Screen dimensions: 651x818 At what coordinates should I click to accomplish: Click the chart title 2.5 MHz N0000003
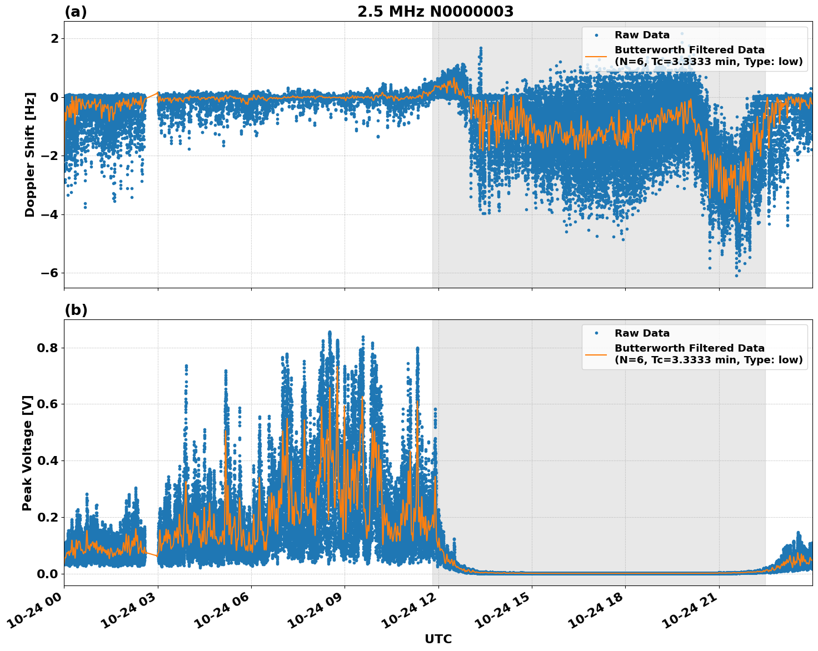pyautogui.click(x=435, y=12)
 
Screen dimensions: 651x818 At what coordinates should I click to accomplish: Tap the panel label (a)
pyautogui.click(x=76, y=12)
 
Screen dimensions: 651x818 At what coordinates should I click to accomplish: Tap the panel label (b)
pyautogui.click(x=76, y=310)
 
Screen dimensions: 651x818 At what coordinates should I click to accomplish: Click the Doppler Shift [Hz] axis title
pyautogui.click(x=30, y=154)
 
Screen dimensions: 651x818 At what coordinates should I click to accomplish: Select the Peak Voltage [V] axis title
pyautogui.click(x=28, y=453)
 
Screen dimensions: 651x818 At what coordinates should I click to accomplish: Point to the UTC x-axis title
pyautogui.click(x=438, y=639)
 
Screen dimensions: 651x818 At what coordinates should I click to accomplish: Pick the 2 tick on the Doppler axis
pyautogui.click(x=54, y=38)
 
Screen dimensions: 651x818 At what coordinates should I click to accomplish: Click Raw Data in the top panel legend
pyautogui.click(x=642, y=35)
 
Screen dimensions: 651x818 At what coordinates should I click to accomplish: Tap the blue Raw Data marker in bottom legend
pyautogui.click(x=596, y=333)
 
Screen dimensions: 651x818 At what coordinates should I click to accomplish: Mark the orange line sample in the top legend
pyautogui.click(x=596, y=56)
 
